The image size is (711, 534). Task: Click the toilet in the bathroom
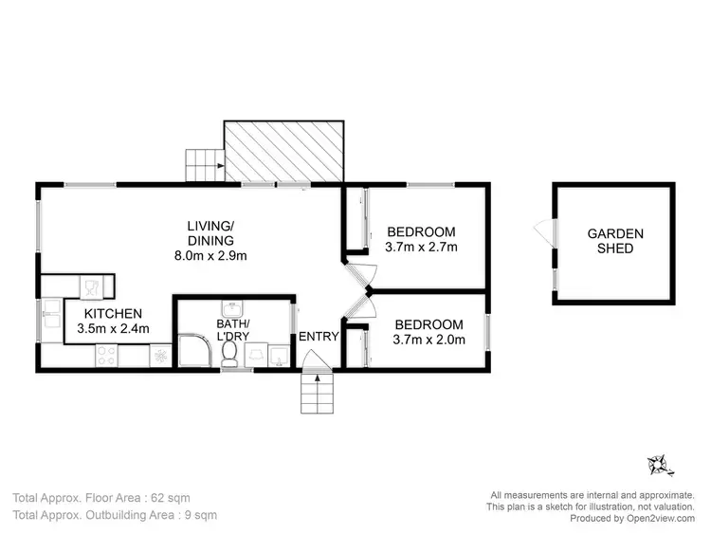tap(228, 354)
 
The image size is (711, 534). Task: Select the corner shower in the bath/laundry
tap(194, 351)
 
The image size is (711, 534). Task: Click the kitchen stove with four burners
tap(107, 357)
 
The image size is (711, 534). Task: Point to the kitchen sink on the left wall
tap(49, 320)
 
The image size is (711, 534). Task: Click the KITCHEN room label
tap(113, 314)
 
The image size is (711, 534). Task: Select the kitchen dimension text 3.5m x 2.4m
tap(113, 330)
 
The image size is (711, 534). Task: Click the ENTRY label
tap(319, 337)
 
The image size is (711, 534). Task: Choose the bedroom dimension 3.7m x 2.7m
tap(421, 248)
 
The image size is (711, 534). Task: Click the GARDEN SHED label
tap(614, 241)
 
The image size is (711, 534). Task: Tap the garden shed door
tap(541, 231)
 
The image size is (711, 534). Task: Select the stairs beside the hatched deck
tap(203, 166)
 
